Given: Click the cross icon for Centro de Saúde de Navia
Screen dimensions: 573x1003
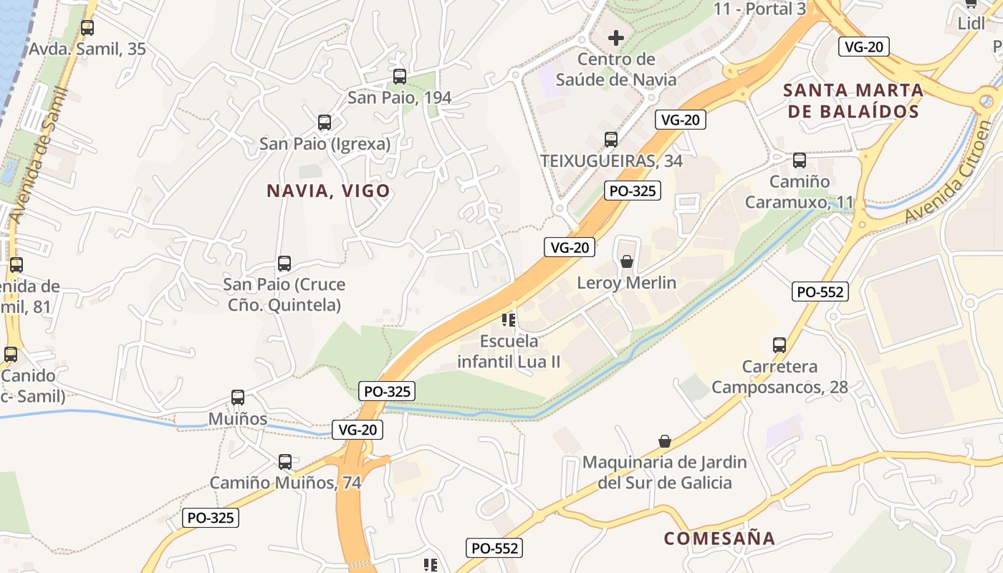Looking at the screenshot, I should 615,37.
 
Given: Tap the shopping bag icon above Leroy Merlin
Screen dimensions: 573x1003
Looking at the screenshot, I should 627,261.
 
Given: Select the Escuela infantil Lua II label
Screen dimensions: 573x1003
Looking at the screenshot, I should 509,351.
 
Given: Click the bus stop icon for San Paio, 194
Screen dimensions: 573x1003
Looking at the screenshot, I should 400,76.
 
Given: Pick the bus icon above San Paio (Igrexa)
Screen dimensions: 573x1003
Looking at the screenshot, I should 325,122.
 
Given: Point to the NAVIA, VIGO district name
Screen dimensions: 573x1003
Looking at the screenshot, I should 328,191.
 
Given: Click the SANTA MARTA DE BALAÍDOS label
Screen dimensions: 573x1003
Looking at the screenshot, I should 853,101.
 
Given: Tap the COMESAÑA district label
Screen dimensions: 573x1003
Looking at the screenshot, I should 719,539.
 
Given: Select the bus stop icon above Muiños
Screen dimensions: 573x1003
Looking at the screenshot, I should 238,398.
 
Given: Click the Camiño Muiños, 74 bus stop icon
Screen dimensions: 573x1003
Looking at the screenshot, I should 285,462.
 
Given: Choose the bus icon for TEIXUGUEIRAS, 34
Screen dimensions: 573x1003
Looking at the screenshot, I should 611,140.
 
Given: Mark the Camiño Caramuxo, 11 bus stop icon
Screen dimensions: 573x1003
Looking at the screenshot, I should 800,160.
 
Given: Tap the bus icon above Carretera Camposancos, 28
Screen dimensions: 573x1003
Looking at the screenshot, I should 779,345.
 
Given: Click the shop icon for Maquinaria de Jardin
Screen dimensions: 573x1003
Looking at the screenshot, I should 665,441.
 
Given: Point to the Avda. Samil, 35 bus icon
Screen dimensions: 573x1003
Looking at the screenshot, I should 87,29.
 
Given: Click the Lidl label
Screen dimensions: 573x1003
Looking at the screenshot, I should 971,24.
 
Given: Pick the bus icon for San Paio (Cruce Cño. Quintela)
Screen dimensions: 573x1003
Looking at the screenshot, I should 284,264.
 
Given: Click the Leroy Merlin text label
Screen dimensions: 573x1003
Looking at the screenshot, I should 627,283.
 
